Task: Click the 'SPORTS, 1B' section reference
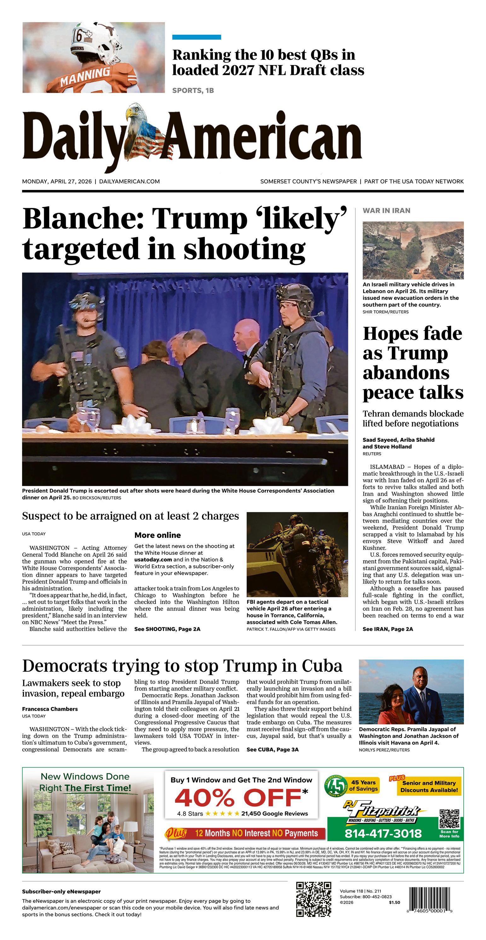pyautogui.click(x=193, y=91)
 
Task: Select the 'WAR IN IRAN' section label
pyautogui.click(x=386, y=210)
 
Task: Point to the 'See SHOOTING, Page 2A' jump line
pyautogui.click(x=167, y=629)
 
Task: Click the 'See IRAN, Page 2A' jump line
pyautogui.click(x=388, y=629)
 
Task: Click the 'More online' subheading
pyautogui.click(x=158, y=535)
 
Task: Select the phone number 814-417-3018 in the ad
pyautogui.click(x=383, y=834)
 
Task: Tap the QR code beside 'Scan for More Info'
pyautogui.click(x=449, y=819)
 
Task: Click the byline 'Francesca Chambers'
pyautogui.click(x=50, y=709)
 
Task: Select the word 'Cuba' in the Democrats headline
pyautogui.click(x=321, y=666)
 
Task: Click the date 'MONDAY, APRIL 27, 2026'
pyautogui.click(x=57, y=181)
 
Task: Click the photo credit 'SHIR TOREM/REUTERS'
pyautogui.click(x=385, y=312)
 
